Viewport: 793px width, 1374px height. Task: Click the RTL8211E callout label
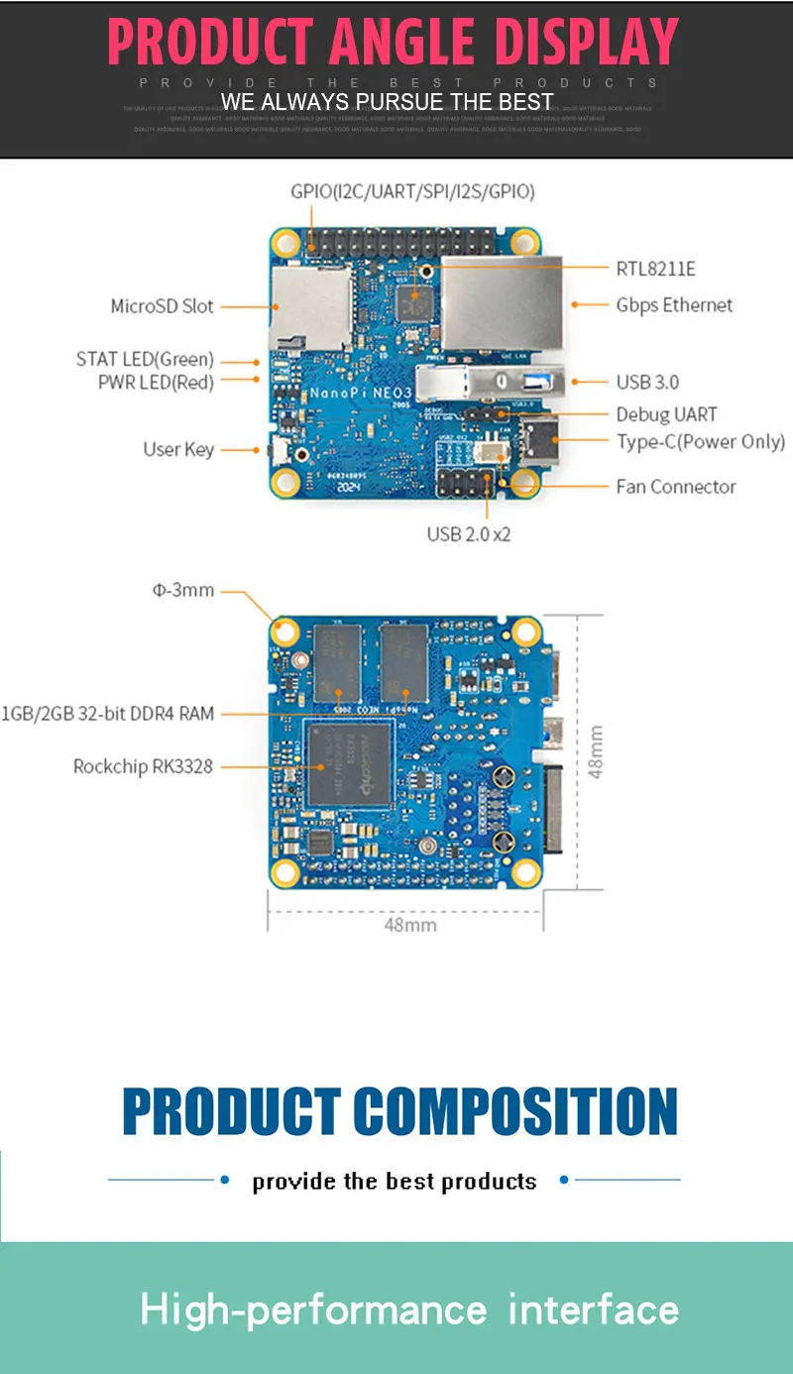(655, 269)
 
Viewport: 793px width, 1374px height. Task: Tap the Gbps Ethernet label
(674, 305)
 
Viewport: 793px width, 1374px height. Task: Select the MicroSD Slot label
(162, 306)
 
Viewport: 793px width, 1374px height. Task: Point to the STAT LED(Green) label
(145, 359)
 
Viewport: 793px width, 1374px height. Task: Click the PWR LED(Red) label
(156, 382)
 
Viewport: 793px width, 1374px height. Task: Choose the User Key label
(178, 449)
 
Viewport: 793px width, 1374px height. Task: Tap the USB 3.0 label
(647, 382)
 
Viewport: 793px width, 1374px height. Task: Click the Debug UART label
(666, 414)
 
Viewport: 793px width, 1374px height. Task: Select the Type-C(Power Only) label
(700, 441)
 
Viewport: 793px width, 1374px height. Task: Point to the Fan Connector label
(675, 486)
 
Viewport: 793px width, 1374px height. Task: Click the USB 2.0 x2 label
(469, 534)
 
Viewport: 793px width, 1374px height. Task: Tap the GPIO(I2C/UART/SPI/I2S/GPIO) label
(412, 191)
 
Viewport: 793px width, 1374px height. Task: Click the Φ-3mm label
(183, 590)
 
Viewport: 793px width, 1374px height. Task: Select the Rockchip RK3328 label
(143, 765)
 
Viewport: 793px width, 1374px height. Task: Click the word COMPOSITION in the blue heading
(515, 1111)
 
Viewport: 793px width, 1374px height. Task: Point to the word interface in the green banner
(593, 1310)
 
